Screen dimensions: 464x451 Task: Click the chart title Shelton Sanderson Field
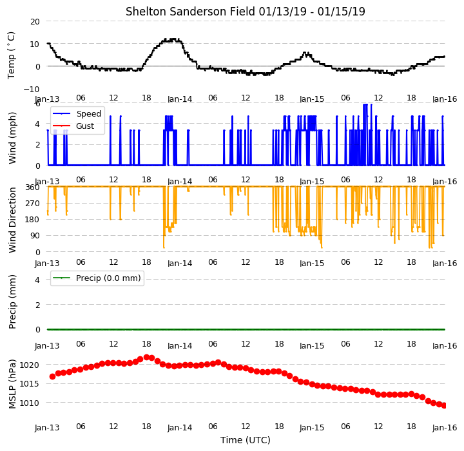pos(191,12)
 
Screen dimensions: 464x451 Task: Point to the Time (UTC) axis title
pos(246,440)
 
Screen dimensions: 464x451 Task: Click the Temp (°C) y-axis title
pos(11,55)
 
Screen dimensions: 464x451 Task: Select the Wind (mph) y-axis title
pos(12,138)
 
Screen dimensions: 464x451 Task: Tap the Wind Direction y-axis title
pos(12,220)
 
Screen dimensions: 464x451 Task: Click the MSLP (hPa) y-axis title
pos(12,384)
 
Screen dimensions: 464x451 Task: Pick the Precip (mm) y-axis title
pos(12,302)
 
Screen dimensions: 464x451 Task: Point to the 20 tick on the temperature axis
pos(35,22)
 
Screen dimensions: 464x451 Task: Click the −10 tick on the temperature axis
pos(32,89)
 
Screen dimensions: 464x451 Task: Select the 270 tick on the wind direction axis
pos(33,204)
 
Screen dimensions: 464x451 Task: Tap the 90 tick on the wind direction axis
pos(35,236)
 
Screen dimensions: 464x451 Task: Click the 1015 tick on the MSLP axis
pos(29,384)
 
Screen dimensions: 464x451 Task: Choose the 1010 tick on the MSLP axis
pos(29,403)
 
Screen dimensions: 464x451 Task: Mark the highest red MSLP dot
pos(146,357)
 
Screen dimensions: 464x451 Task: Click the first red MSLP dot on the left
pos(52,376)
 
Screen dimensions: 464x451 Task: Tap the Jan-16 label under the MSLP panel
pos(445,428)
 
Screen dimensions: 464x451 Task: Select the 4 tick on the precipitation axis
pos(37,280)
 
